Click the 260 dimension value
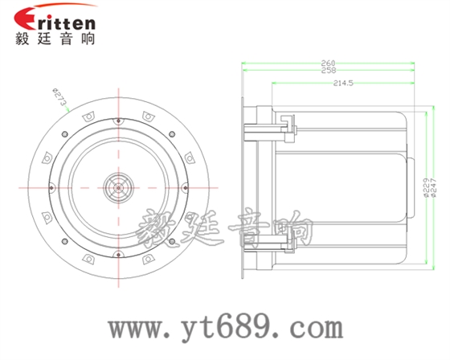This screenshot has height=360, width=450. tap(328, 63)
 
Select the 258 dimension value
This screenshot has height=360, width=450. tap(328, 71)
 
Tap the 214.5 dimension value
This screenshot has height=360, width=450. tap(343, 84)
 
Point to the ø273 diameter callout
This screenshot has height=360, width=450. tap(59, 96)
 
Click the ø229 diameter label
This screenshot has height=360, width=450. tap(426, 188)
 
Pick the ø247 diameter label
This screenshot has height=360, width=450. tap(433, 188)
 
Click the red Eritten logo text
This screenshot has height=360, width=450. tap(55, 19)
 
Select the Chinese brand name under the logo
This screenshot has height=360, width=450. tap(55, 39)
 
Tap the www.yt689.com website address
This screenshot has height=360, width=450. tap(226, 328)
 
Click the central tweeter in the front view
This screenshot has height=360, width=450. tap(118, 188)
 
